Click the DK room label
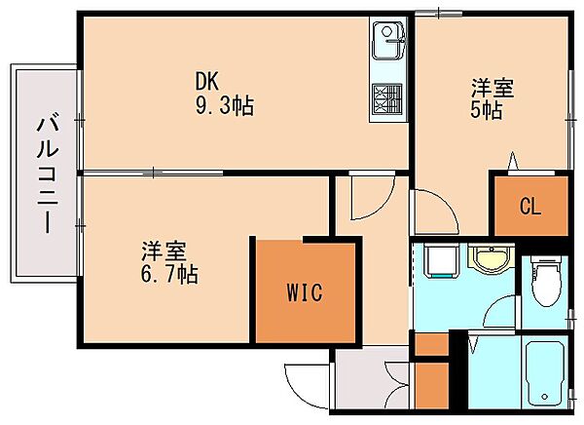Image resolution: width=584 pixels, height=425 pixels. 207,81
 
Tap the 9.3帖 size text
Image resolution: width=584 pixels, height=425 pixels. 225,106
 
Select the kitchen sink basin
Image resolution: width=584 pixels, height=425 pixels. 387,40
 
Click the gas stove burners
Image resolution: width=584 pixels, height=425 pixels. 387,98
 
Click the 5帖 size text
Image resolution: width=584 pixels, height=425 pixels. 487,110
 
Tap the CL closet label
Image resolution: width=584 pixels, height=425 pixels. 530,206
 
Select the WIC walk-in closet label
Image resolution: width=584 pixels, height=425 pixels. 305,292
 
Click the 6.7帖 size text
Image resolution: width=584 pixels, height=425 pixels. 169,274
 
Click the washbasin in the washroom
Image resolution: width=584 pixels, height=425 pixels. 492,256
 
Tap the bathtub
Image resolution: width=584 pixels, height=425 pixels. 545,373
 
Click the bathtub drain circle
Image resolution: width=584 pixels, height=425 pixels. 544,397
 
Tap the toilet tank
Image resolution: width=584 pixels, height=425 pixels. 546,259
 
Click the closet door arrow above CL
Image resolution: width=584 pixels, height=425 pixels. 513,161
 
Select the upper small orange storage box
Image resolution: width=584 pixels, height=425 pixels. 431,344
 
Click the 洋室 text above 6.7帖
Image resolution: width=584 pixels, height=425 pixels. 164,251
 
